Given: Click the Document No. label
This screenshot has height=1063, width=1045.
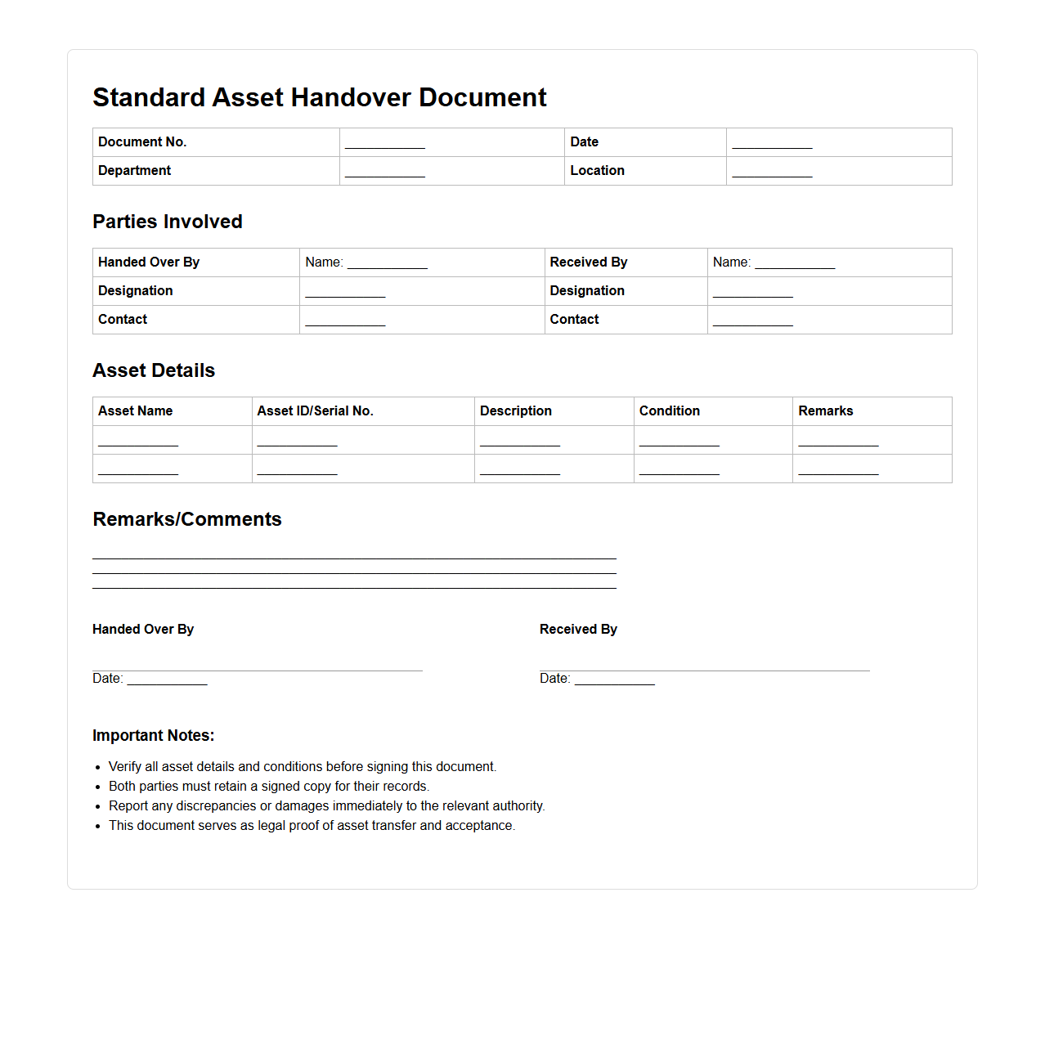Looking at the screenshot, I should (142, 142).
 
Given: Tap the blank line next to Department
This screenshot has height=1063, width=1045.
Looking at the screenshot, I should (385, 172).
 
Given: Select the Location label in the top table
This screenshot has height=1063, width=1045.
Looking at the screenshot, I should (597, 171).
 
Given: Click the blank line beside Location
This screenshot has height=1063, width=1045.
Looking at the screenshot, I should (772, 172).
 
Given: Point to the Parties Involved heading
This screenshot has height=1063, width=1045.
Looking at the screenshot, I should (168, 222).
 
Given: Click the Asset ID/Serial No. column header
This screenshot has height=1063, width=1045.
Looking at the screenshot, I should (315, 411).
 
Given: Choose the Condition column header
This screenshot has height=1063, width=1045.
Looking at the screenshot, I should (669, 411).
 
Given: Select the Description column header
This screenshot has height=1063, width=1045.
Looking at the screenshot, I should (515, 411).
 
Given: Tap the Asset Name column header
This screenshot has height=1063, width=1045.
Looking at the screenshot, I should (135, 411).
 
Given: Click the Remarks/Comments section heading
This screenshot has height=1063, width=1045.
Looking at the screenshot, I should (187, 519).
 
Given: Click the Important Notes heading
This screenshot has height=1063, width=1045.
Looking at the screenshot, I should (153, 735).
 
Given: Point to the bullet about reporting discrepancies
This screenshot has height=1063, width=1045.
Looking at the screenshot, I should (326, 806).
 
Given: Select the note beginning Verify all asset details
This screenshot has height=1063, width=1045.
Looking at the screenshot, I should (302, 767).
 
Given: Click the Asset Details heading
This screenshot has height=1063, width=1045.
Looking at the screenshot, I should (154, 370).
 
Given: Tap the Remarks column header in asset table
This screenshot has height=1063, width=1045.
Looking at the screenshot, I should (825, 411).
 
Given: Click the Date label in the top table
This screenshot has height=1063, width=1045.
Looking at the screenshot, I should (584, 142).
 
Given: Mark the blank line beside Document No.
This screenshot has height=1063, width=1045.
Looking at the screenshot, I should (385, 143).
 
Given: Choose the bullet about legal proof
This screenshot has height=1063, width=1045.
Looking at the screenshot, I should (312, 826).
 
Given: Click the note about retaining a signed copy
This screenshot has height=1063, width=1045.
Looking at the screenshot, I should (268, 787).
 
